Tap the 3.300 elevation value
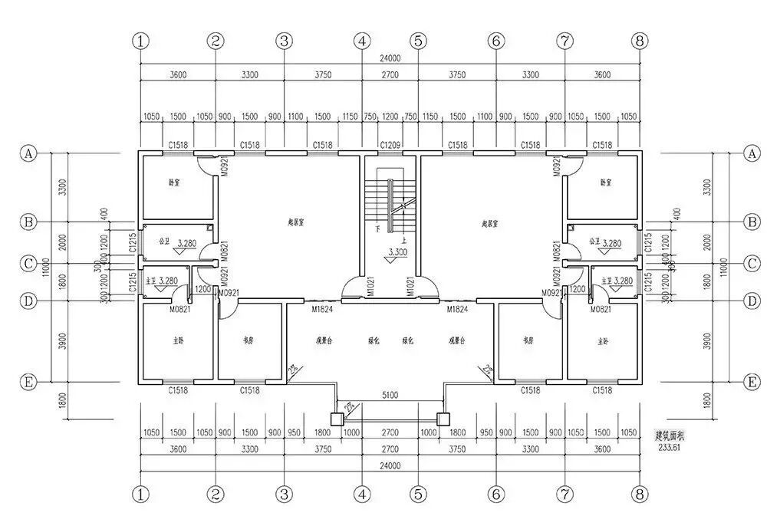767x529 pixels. pos(398,252)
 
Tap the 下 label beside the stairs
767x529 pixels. pos(377,229)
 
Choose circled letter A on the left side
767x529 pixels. pos(28,153)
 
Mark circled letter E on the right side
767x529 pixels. pos(751,381)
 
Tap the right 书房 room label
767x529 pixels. pos(526,340)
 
